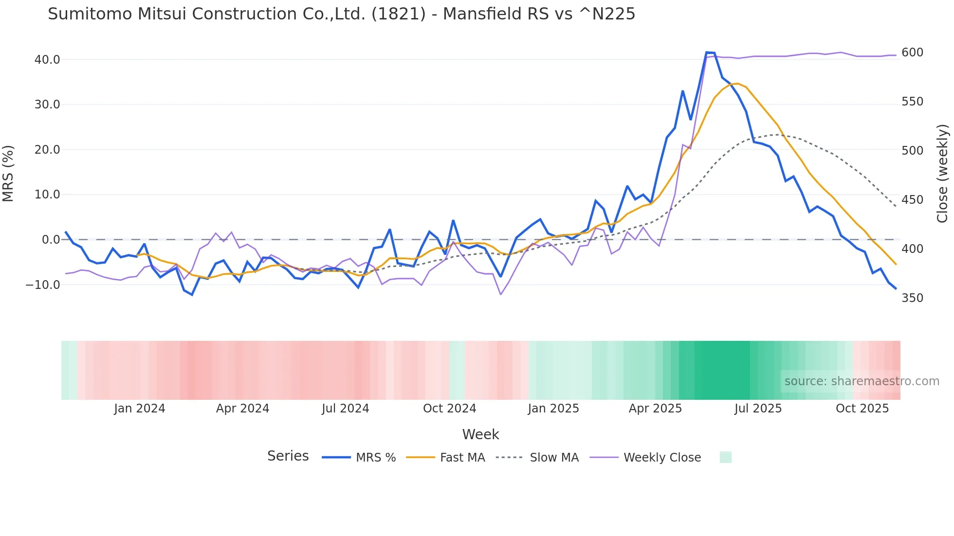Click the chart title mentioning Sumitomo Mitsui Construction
click(x=341, y=14)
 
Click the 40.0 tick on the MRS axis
click(x=47, y=60)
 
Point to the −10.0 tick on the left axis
click(x=43, y=285)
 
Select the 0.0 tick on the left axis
click(x=51, y=240)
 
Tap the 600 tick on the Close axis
click(x=912, y=53)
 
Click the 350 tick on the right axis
click(x=912, y=298)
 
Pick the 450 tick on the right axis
click(x=912, y=200)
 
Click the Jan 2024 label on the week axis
click(x=140, y=409)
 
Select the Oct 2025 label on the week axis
click(x=862, y=409)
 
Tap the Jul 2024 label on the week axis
click(x=346, y=409)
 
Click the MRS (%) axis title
click(x=8, y=174)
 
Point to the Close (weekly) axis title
click(x=943, y=174)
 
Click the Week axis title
click(x=480, y=434)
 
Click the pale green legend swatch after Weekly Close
click(x=725, y=458)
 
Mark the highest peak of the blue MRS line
click(x=707, y=53)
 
